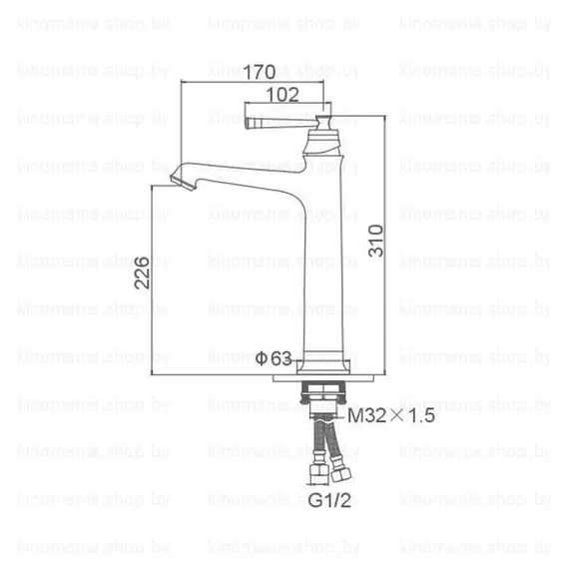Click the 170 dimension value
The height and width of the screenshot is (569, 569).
264,72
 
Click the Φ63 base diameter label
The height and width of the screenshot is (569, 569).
273,356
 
